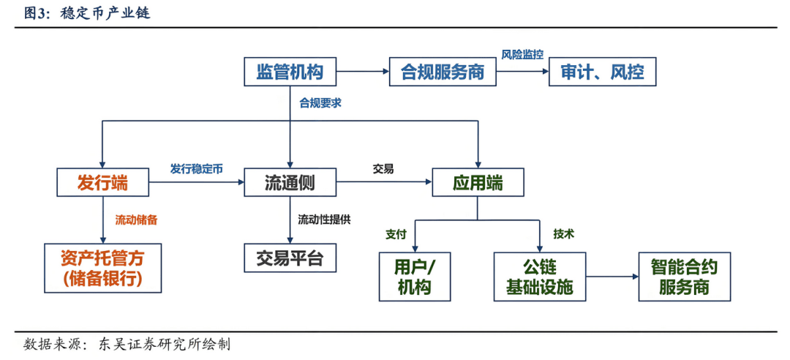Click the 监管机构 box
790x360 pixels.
290,72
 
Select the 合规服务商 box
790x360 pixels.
442,72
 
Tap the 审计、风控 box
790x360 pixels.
602,72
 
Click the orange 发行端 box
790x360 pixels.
102,182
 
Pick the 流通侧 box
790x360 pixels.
290,182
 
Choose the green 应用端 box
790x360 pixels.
478,182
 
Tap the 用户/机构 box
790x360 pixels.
414,277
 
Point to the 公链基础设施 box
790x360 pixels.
540,277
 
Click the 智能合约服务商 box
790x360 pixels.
684,277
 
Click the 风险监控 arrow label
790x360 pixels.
522,55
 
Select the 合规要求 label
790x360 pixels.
320,103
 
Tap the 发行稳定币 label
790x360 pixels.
196,168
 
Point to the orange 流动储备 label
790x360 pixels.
136,219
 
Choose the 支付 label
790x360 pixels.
396,235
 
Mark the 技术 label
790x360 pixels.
563,234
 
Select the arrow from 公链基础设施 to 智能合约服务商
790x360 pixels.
612,277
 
